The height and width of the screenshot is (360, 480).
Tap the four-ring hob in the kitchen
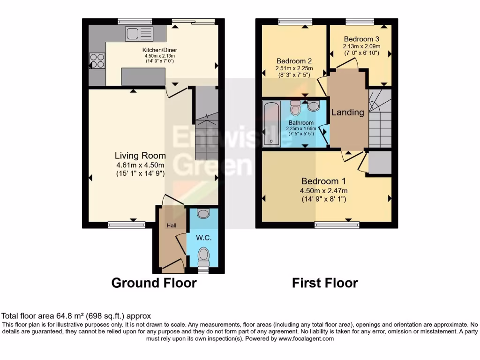(x=97, y=61)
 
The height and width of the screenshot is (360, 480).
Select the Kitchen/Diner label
(x=160, y=50)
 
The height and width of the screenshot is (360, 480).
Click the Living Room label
(x=140, y=156)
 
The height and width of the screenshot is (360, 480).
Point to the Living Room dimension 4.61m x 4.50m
(x=140, y=165)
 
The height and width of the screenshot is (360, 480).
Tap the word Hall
(x=171, y=225)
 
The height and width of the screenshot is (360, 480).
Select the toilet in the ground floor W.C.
(x=203, y=256)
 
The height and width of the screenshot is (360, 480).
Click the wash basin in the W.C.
(x=203, y=214)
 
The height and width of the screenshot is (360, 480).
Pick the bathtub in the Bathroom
(x=271, y=123)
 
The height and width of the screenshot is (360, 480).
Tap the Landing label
(x=347, y=112)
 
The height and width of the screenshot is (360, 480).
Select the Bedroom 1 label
(x=323, y=181)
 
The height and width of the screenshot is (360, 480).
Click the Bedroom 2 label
(x=294, y=61)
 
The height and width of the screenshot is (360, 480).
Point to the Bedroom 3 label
(x=361, y=39)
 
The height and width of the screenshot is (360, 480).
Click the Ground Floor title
(x=154, y=283)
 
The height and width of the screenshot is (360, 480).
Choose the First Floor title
(x=325, y=283)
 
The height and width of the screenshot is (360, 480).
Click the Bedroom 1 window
(x=337, y=225)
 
